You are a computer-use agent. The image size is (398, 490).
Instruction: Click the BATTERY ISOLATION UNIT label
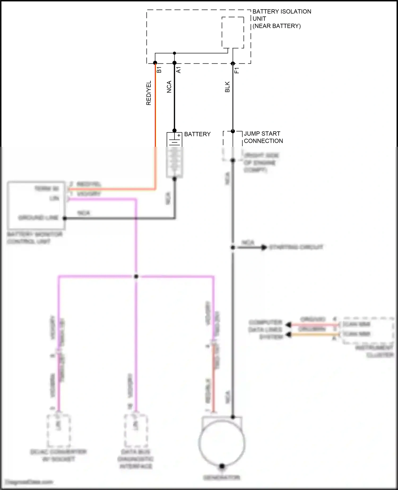[x=282, y=19]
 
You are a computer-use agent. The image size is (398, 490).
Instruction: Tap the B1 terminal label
[x=159, y=70]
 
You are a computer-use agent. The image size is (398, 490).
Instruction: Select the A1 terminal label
[x=179, y=70]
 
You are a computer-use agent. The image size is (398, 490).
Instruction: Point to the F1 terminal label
[x=237, y=70]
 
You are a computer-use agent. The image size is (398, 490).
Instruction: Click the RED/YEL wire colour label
[x=149, y=93]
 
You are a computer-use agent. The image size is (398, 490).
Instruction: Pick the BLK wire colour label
[x=227, y=87]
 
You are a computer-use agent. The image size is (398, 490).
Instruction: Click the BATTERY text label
[x=197, y=134]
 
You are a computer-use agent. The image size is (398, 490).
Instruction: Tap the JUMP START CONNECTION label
[x=263, y=137]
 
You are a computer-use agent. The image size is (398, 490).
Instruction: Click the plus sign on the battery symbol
[x=179, y=135]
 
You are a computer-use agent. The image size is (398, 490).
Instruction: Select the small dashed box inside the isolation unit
[x=233, y=32]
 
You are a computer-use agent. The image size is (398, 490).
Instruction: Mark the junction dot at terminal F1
[x=233, y=63]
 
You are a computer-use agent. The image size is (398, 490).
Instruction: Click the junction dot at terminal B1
[x=155, y=63]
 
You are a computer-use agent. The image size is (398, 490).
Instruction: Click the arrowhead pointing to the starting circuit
[x=264, y=248]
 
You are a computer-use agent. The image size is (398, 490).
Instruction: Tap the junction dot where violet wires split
[x=136, y=277]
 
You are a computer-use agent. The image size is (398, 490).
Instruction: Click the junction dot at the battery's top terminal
[x=174, y=131]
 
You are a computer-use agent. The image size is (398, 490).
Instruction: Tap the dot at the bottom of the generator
[x=222, y=466]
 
